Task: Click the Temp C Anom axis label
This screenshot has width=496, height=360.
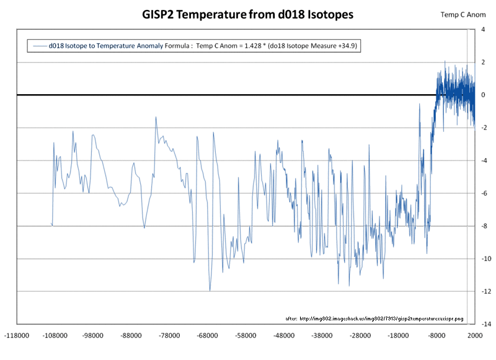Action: click(x=463, y=14)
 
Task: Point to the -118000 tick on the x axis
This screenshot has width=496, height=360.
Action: click(x=16, y=336)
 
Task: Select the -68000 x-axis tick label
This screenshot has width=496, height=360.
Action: click(x=207, y=336)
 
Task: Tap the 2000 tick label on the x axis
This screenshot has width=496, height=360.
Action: click(x=474, y=336)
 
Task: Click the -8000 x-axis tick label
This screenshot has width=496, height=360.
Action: click(x=436, y=336)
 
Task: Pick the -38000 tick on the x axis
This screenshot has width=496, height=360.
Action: click(x=322, y=336)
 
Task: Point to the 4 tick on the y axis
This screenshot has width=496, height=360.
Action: click(x=482, y=30)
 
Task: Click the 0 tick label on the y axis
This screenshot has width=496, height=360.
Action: click(x=483, y=95)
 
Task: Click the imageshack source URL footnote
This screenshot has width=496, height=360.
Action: click(x=375, y=318)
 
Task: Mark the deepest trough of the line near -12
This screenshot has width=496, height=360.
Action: click(x=210, y=291)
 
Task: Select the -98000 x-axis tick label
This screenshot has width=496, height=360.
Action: click(x=92, y=336)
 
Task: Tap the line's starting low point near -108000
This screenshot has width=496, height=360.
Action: click(x=52, y=226)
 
